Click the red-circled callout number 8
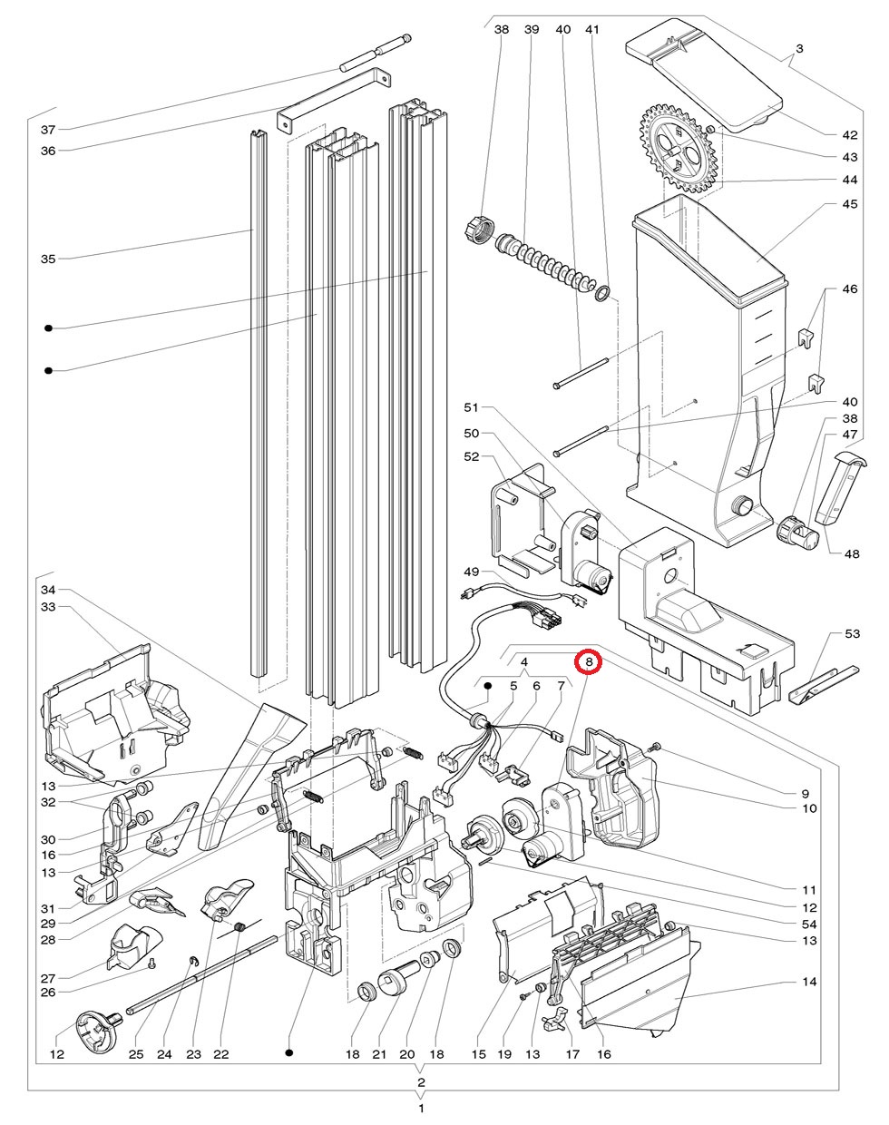589,662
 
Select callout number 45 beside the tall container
850,204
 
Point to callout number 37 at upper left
48,130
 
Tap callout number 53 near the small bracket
852,633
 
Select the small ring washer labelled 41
602,294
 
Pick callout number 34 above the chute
48,590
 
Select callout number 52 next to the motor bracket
472,456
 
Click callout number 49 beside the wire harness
472,572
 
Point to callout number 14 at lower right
809,982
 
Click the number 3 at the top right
799,49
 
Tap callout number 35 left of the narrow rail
48,259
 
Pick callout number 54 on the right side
809,924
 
